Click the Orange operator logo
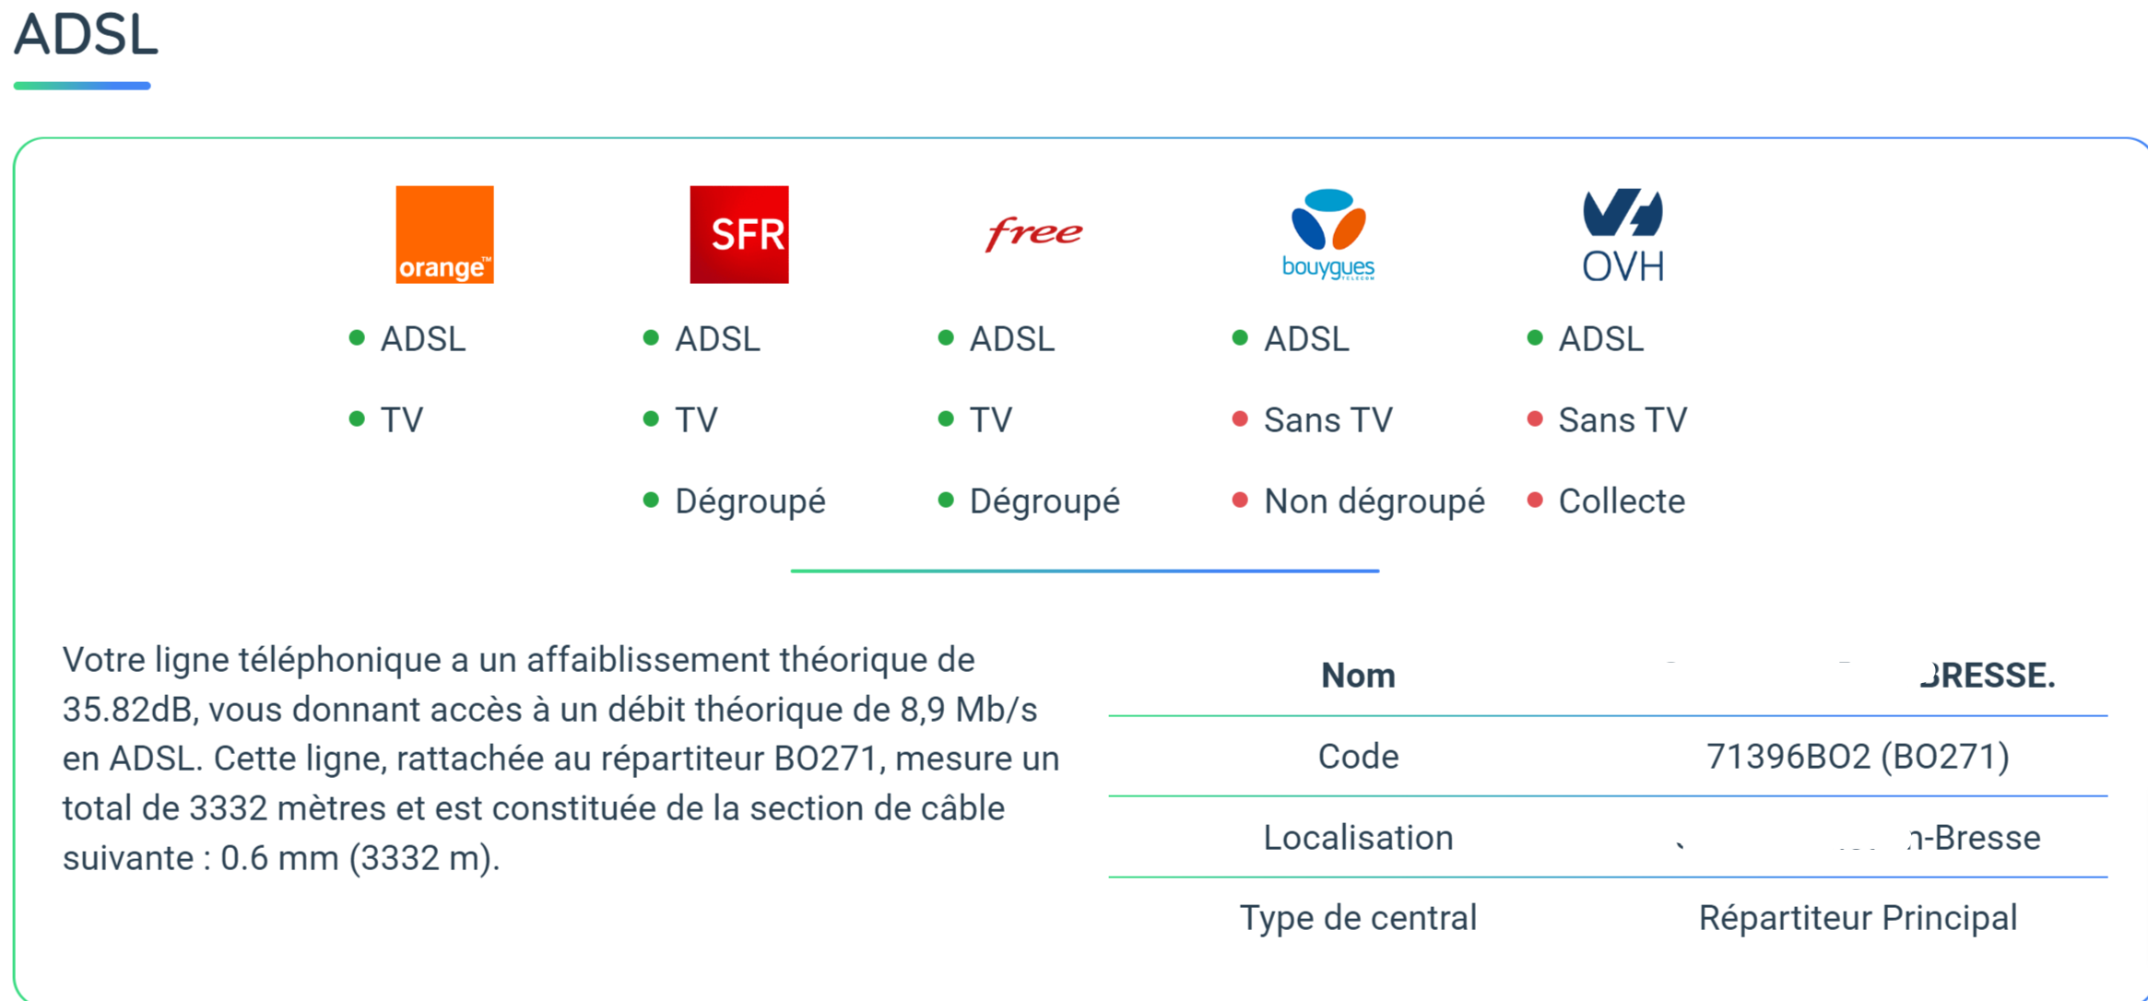(x=444, y=234)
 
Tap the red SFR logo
(x=738, y=234)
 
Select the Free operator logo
(x=1033, y=233)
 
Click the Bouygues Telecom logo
(x=1328, y=234)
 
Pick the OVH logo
(x=1623, y=234)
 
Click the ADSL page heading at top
(x=86, y=35)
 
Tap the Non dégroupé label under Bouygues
(x=1374, y=501)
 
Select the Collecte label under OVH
(x=1621, y=501)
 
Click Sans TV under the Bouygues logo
(x=1328, y=420)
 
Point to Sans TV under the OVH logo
(x=1622, y=420)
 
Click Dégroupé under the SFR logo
(x=749, y=501)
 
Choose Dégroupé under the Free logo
(x=1044, y=501)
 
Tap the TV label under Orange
(x=402, y=420)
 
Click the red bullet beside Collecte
(x=1535, y=500)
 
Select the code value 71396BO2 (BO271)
(x=1857, y=757)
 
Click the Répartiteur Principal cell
(x=1857, y=918)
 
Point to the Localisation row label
(x=1357, y=838)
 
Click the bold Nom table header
(x=1357, y=676)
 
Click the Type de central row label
(x=1357, y=918)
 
